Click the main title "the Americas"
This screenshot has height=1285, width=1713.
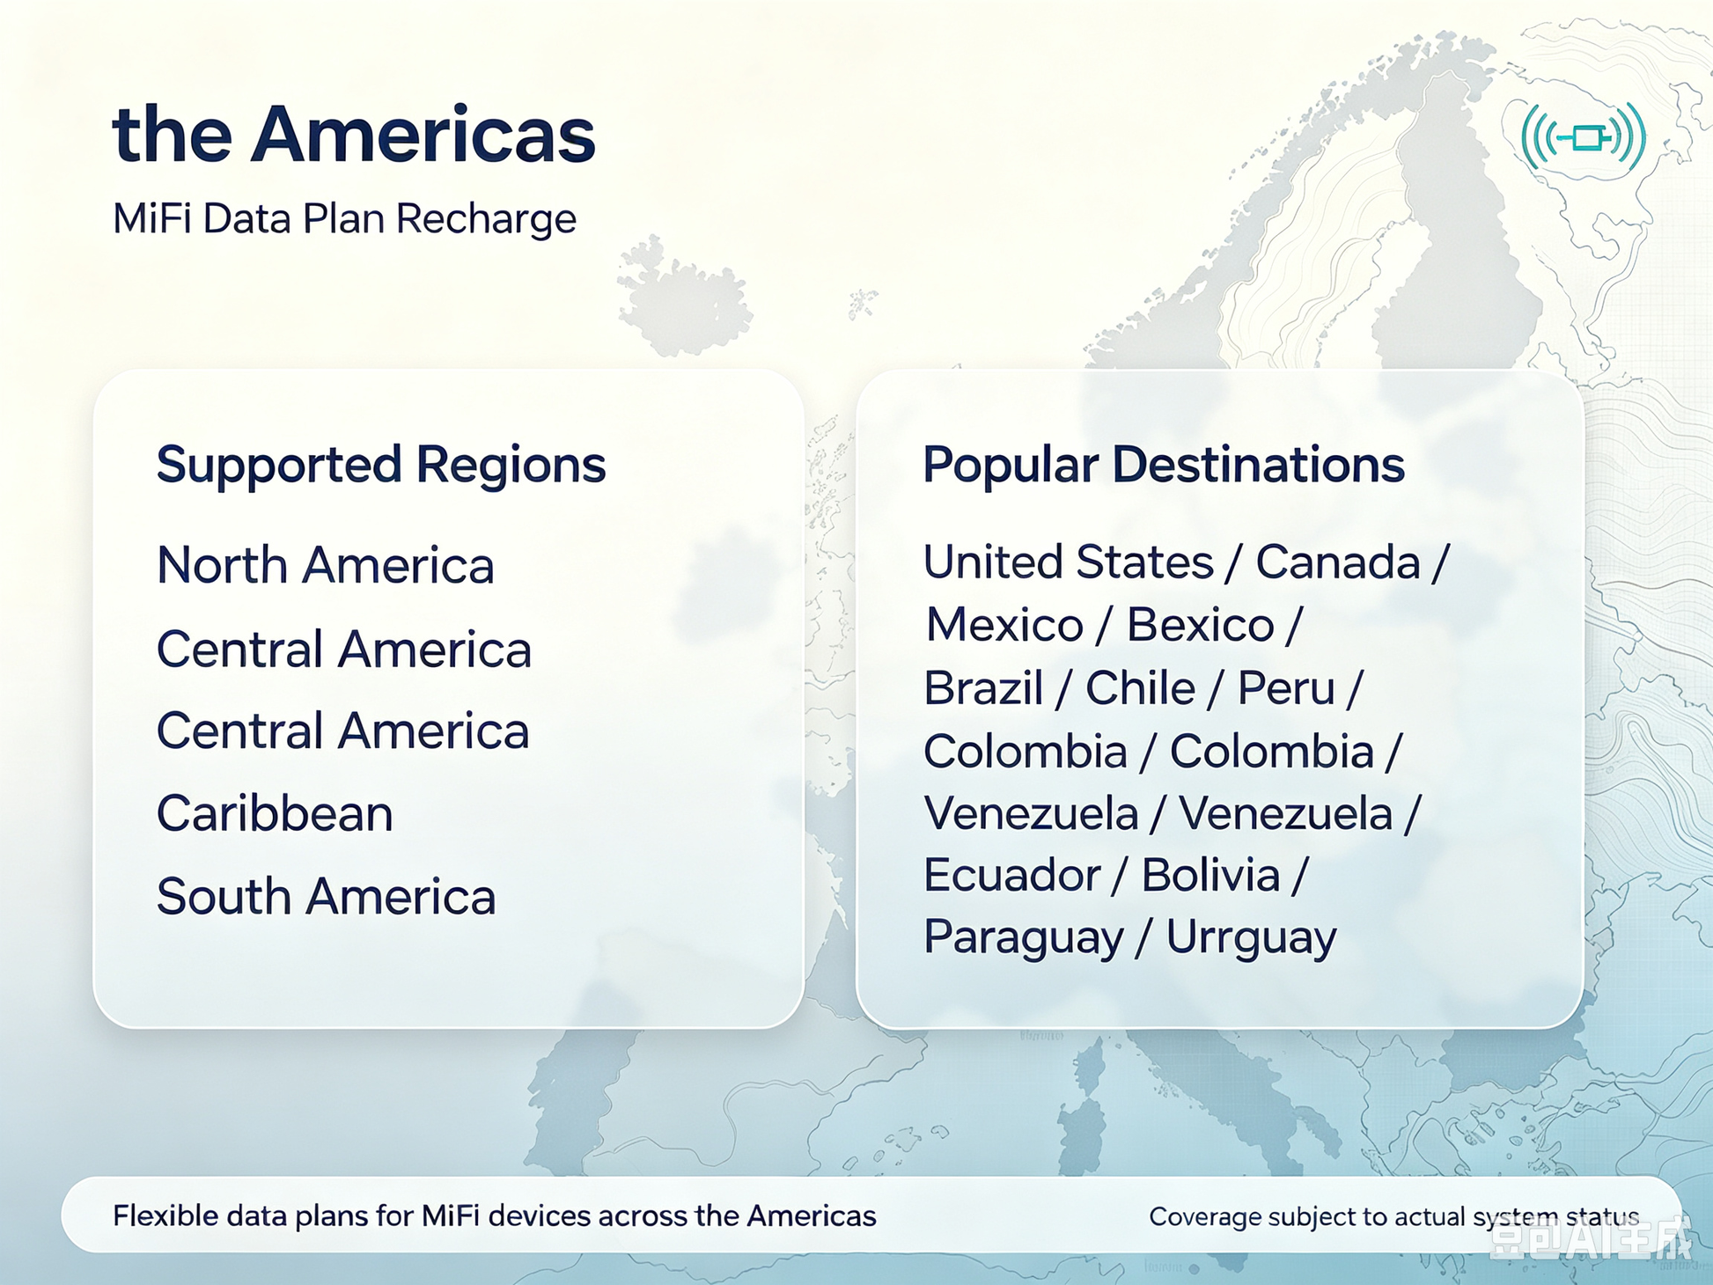(354, 135)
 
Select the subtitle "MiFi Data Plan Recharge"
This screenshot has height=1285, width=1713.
(344, 219)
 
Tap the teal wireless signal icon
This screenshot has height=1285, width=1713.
(1583, 137)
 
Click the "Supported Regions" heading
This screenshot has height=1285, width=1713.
(381, 466)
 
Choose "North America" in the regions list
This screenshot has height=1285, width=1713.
(325, 565)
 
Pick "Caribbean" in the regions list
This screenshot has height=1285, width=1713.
(275, 813)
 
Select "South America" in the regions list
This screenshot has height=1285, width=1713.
(326, 896)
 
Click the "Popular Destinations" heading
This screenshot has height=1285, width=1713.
(1163, 465)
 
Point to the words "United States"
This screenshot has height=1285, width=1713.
(1069, 562)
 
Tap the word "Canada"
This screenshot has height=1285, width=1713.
(1337, 562)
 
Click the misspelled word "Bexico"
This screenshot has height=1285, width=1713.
(1200, 625)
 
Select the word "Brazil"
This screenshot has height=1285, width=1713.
(983, 687)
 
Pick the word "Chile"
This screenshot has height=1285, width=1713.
(1140, 687)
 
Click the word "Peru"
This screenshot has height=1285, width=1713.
(1286, 687)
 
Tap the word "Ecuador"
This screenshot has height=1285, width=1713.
(1012, 875)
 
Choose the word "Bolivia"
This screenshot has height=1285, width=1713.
(1210, 875)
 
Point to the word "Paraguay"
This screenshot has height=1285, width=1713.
(1024, 938)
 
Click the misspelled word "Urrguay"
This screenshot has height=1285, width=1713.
(1251, 938)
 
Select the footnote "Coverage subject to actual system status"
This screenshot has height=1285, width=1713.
(1393, 1216)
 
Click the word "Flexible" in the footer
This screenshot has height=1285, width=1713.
(165, 1215)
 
